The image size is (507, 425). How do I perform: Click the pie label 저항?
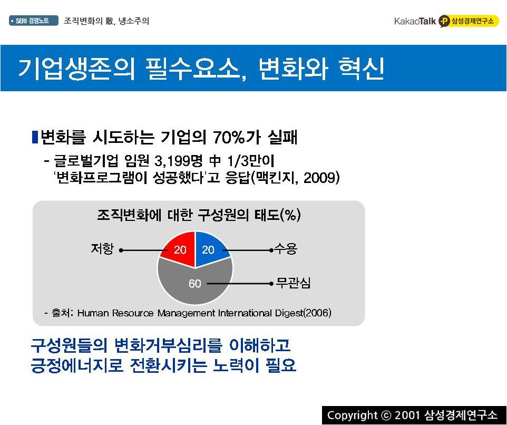tap(102, 249)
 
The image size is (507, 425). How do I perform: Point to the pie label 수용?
tap(286, 249)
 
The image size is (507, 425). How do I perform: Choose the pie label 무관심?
tap(293, 283)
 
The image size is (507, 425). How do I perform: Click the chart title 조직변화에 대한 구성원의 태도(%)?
tap(199, 215)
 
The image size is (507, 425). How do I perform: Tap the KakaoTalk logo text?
tap(415, 21)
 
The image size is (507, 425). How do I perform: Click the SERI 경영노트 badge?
tap(34, 21)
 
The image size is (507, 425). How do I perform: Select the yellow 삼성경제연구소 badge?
tap(469, 21)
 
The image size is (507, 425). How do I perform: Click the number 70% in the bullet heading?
tap(229, 138)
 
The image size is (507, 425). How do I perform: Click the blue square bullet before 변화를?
tap(35, 137)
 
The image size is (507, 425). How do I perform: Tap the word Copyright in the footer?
tap(352, 415)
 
